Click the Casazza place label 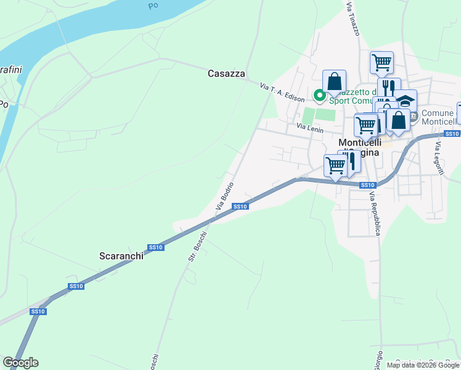click(x=226, y=74)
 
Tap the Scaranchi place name click(x=121, y=256)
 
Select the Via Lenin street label click(x=309, y=126)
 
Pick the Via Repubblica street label click(x=375, y=213)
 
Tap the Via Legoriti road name click(x=439, y=158)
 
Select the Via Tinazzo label click(x=353, y=18)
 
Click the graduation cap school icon click(x=406, y=100)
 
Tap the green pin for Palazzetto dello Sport click(x=319, y=95)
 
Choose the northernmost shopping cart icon click(x=381, y=62)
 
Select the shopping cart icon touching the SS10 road click(x=335, y=165)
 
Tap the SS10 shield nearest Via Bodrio click(x=240, y=207)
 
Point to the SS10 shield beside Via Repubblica click(x=367, y=185)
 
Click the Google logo click(x=20, y=363)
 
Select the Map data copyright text click(x=423, y=365)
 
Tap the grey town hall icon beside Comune click(x=413, y=115)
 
